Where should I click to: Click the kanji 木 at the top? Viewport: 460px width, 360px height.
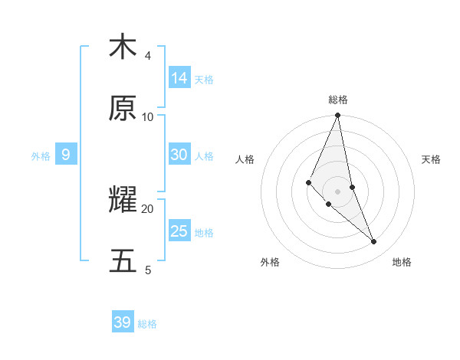pos(123,47)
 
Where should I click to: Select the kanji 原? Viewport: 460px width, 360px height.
pos(123,109)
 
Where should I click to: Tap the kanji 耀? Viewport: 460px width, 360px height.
pos(123,201)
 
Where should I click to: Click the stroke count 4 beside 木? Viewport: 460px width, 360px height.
pos(147,56)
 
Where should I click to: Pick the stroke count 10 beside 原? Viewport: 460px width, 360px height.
pos(148,117)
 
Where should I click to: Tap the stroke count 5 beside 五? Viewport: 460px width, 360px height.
pos(147,270)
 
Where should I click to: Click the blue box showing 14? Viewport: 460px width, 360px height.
pos(179,78)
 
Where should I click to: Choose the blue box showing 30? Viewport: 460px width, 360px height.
pos(179,155)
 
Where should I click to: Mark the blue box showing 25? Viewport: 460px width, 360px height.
pos(179,231)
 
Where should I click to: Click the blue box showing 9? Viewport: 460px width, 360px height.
pos(66,155)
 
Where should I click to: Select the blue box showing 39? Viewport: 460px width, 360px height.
pos(123,322)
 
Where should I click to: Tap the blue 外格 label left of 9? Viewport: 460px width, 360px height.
pos(41,156)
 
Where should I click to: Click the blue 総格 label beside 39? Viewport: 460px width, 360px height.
pos(147,324)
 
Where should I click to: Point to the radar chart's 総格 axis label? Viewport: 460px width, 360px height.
pos(337,100)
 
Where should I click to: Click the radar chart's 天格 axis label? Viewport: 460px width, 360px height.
pos(431,159)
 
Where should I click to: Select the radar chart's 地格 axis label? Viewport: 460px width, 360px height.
pos(402,262)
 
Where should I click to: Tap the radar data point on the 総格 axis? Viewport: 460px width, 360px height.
pos(337,116)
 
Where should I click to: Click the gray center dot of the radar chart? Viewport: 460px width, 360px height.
pos(337,191)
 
